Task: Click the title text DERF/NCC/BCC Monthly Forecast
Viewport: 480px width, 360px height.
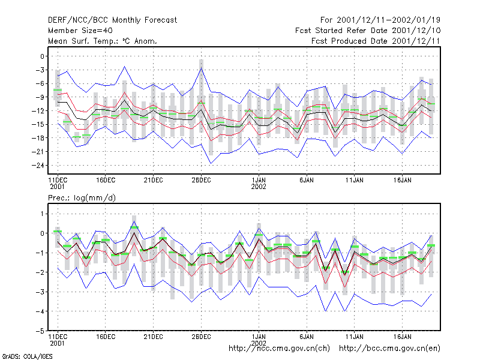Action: [x=112, y=20]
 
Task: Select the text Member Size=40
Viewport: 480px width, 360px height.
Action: [x=80, y=31]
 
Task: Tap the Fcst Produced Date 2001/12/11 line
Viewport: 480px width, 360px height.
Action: [x=376, y=41]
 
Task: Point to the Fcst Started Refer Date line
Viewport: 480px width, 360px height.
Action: [x=368, y=31]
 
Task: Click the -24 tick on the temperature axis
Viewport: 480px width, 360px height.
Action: [x=38, y=166]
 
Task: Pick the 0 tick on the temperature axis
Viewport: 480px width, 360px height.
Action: [x=42, y=56]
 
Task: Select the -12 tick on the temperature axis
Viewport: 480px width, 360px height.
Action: [x=38, y=111]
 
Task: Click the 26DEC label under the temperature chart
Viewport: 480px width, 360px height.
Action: [x=201, y=181]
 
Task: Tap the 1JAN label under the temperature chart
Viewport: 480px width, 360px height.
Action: [x=259, y=181]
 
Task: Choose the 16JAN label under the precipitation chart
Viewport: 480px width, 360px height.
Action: [x=402, y=337]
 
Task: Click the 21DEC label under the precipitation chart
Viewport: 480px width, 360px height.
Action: [x=154, y=337]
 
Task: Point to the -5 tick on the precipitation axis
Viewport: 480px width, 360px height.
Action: [x=40, y=331]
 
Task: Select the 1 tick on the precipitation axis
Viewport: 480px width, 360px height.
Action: [x=42, y=214]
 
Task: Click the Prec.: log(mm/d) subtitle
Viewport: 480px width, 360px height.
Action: [x=82, y=198]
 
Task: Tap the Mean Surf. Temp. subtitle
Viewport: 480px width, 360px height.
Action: [x=103, y=41]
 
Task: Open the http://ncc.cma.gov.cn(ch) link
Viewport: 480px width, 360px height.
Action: [x=279, y=349]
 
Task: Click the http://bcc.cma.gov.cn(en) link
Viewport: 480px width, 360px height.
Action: [x=389, y=349]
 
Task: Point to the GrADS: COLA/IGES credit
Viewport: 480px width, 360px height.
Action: [x=27, y=356]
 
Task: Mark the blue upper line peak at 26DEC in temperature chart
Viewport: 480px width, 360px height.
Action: [x=201, y=68]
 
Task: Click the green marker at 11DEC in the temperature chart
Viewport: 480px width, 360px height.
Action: [x=58, y=90]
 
